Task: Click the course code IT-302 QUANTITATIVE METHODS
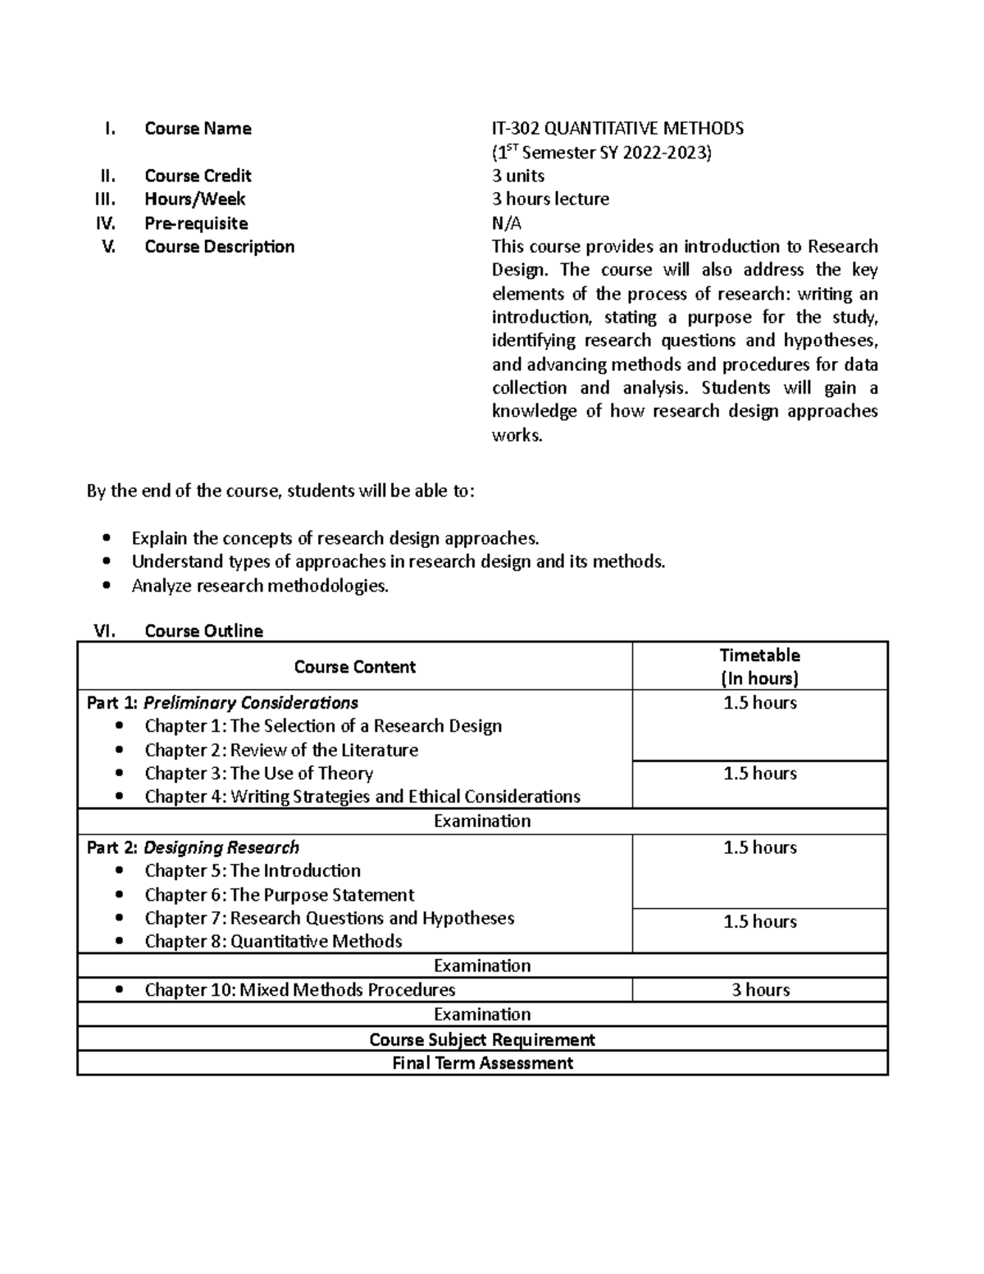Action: [617, 128]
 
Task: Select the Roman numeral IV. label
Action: [106, 223]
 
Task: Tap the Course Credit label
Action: [198, 176]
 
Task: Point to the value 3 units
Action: [518, 176]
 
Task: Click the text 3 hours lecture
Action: [550, 199]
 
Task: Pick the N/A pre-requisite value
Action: [506, 223]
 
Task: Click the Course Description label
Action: [219, 247]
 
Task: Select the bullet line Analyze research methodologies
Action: [260, 586]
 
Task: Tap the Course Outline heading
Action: [203, 631]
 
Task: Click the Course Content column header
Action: [354, 667]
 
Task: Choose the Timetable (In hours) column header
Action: [759, 666]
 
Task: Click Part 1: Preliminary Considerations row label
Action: [222, 703]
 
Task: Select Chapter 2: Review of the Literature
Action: [281, 750]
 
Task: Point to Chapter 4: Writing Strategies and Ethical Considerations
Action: [362, 797]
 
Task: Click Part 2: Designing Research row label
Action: [193, 847]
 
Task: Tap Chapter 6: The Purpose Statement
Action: [279, 895]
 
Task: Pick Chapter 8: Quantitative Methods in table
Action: [273, 942]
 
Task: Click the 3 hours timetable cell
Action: [760, 990]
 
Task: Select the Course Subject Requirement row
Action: [482, 1039]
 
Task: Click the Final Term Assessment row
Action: [482, 1063]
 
